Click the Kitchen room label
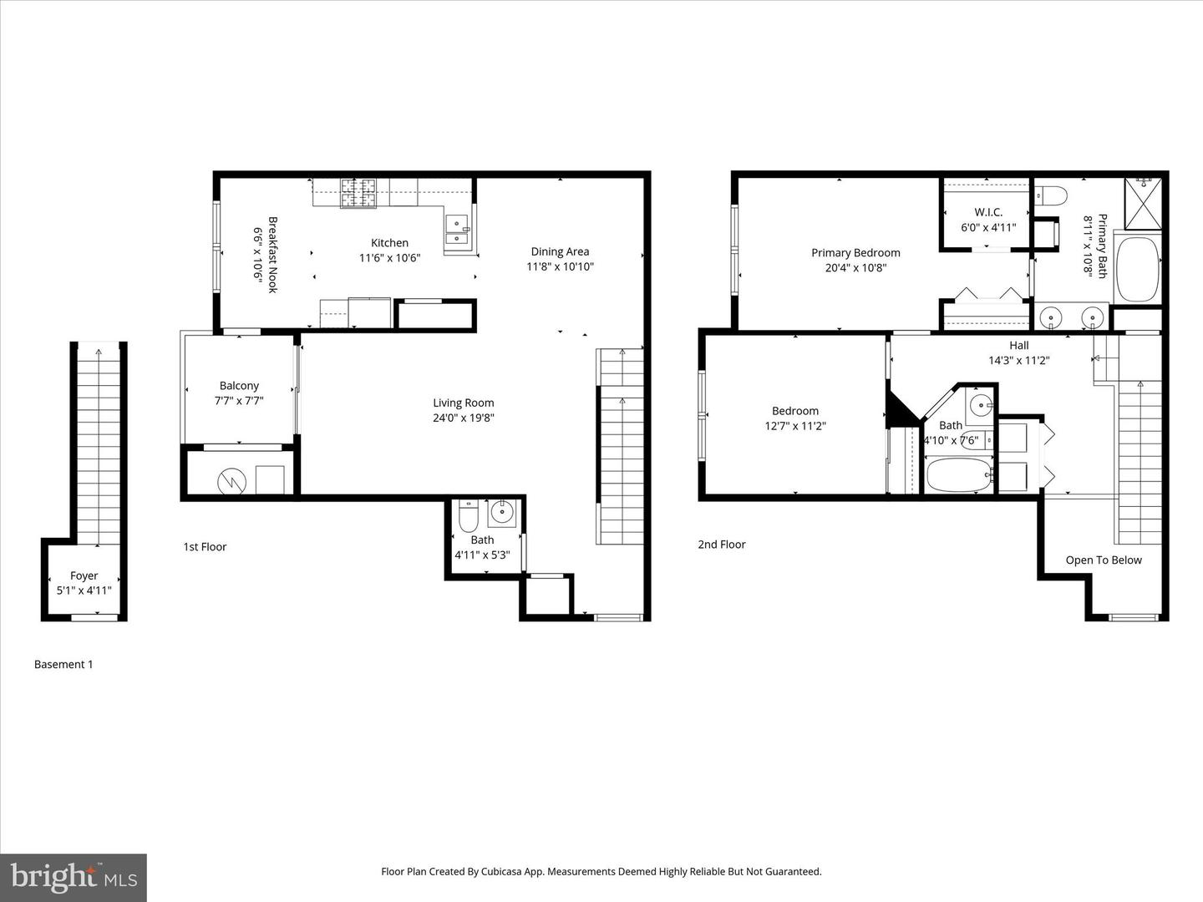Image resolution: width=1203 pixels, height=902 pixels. (389, 243)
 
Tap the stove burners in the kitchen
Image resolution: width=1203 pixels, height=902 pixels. (358, 194)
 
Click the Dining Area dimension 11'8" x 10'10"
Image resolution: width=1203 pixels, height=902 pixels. (560, 267)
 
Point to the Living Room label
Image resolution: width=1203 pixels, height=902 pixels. (463, 403)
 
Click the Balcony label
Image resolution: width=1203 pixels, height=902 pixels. (239, 386)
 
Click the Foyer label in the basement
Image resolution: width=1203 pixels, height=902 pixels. (84, 575)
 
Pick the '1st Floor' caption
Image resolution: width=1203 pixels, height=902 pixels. (205, 547)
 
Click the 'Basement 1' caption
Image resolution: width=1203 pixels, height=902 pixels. (63, 665)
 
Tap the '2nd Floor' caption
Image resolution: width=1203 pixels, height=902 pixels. (722, 545)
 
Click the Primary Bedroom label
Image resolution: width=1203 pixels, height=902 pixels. (855, 253)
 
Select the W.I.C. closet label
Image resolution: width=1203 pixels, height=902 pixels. (987, 212)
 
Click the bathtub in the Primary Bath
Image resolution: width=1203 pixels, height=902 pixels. (1137, 270)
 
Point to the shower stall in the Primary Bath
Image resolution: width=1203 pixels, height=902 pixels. (1142, 203)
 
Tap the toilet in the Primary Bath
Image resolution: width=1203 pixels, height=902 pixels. (1052, 196)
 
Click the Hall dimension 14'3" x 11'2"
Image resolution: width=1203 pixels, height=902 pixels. (1018, 361)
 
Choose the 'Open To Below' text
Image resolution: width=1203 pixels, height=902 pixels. (1103, 560)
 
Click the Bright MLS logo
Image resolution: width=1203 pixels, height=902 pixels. (74, 877)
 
